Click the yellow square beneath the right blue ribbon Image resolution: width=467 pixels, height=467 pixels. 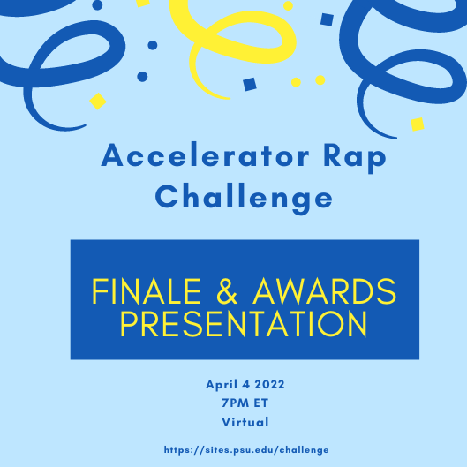click(418, 124)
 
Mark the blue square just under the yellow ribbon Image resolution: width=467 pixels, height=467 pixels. click(249, 84)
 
